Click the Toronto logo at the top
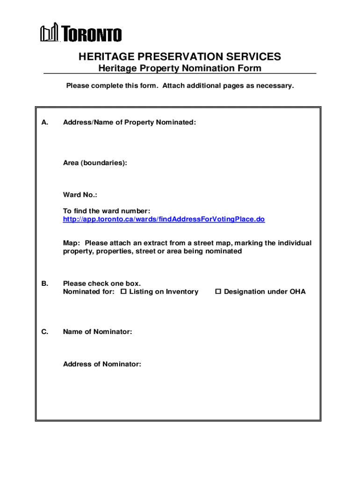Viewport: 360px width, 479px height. coord(81,33)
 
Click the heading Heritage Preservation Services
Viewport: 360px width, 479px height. coord(180,57)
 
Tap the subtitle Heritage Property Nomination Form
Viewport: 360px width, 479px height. coord(180,69)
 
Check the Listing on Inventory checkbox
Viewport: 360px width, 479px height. coord(124,292)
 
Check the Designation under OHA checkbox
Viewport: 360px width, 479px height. coord(218,292)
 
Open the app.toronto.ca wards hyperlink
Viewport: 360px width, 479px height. coord(164,219)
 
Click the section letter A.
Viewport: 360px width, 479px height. coord(44,122)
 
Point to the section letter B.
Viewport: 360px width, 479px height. coord(44,283)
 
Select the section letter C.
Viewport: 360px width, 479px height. coord(44,332)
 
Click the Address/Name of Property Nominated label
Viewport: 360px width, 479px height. coord(130,122)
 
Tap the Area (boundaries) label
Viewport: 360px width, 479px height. coord(95,163)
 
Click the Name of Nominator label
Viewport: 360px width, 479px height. coord(97,332)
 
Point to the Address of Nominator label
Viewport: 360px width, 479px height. coord(102,364)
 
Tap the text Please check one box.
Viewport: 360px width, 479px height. coord(102,283)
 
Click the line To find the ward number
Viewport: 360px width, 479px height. coord(107,211)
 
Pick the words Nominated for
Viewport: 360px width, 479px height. coord(88,292)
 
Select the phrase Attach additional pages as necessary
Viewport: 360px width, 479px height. coord(229,86)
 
